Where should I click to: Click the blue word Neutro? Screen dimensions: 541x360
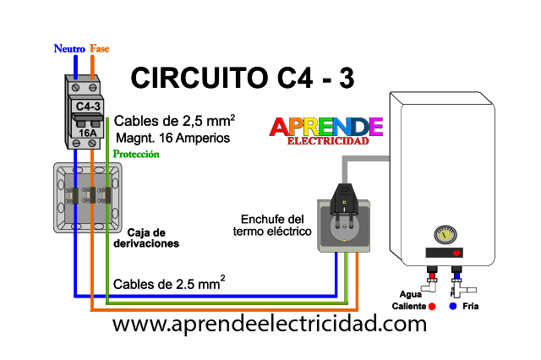[x=69, y=49]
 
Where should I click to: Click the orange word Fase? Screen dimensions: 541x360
[x=100, y=49]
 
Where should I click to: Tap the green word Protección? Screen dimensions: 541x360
[x=136, y=154]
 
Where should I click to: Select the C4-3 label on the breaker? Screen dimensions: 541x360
[x=88, y=106]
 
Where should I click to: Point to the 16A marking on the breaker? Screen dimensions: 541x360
[x=87, y=133]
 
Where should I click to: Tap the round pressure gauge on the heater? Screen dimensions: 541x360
[x=445, y=235]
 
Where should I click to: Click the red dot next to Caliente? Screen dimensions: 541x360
[x=432, y=306]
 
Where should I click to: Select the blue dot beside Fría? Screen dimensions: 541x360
[x=453, y=306]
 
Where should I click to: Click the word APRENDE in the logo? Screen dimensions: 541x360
[x=326, y=127]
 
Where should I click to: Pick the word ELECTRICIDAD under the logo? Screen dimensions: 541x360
[x=328, y=141]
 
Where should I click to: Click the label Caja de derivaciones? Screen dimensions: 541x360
[x=146, y=238]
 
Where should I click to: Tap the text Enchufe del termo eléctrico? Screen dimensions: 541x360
[x=272, y=225]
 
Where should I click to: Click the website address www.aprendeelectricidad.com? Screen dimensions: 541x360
[x=270, y=325]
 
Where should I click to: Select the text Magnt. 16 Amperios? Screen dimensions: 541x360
[x=172, y=138]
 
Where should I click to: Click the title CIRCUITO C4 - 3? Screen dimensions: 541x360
[x=243, y=78]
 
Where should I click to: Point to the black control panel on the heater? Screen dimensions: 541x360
[x=444, y=253]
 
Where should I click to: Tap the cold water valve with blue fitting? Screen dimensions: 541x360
[x=461, y=281]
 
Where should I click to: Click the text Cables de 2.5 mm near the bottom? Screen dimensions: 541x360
[x=169, y=283]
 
